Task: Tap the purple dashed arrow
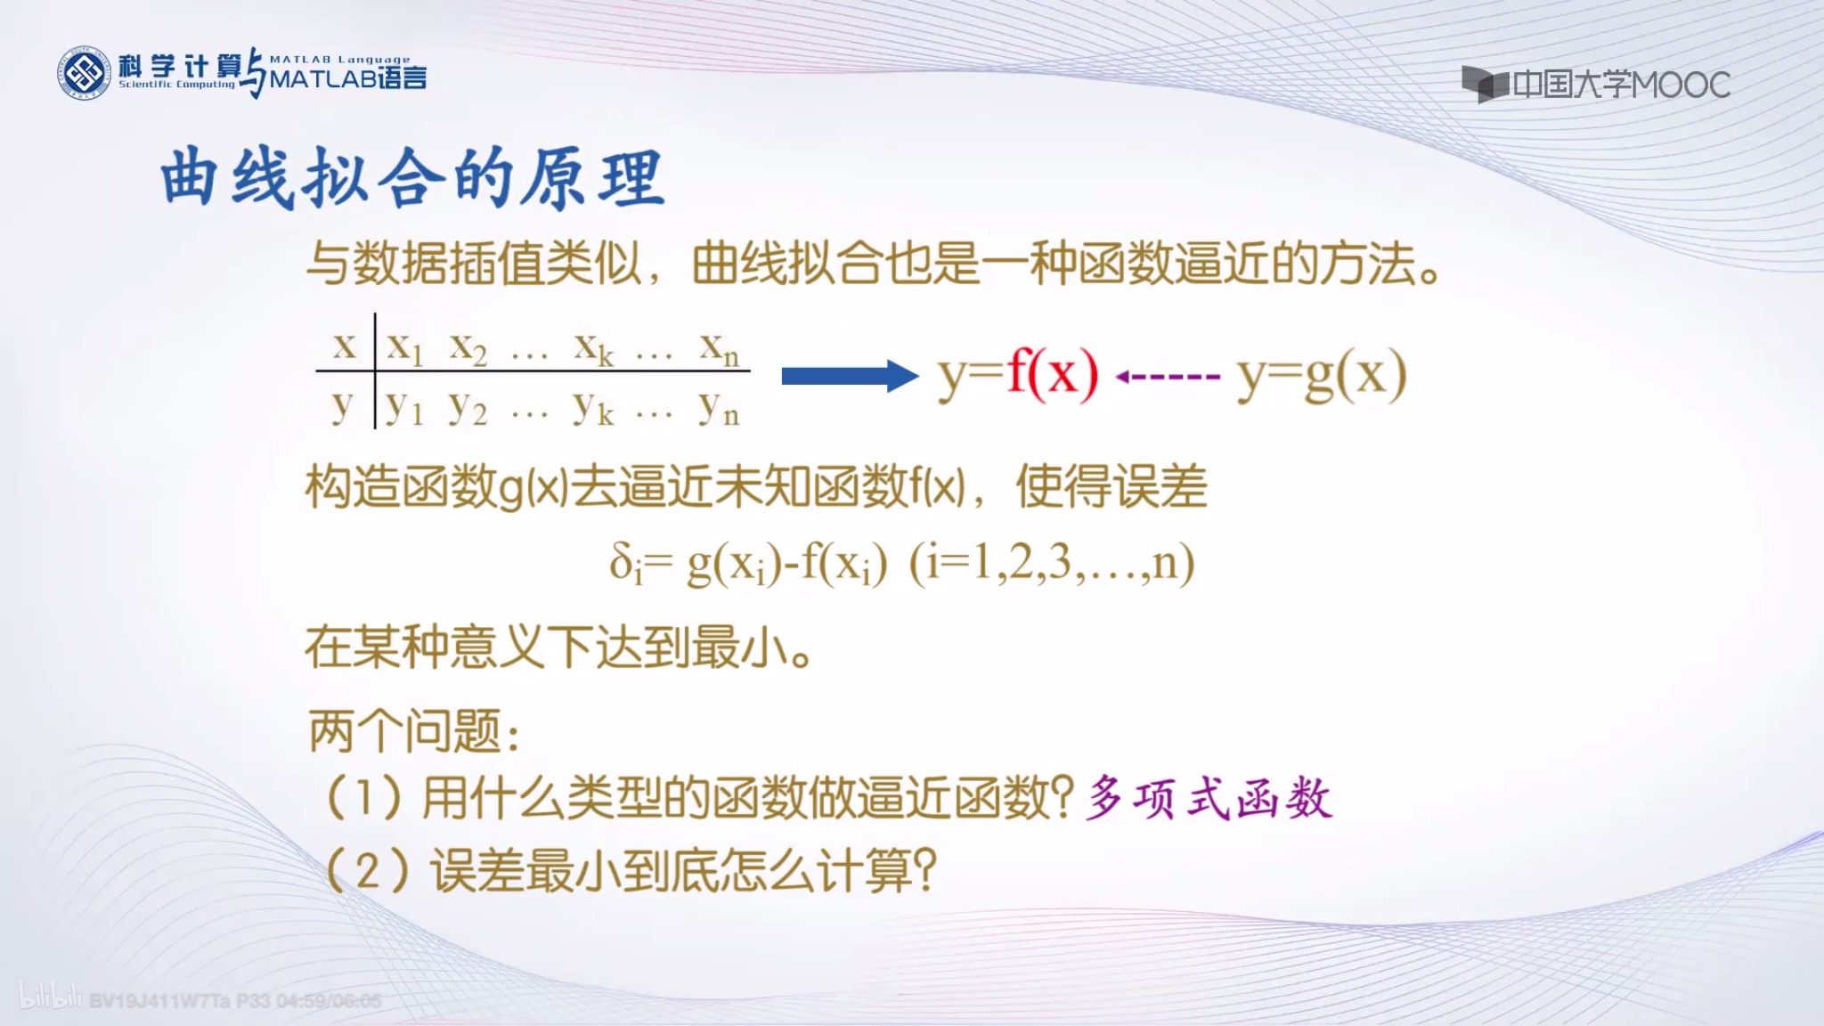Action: point(1168,377)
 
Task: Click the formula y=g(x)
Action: point(1322,376)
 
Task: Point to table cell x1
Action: point(405,347)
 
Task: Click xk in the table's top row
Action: point(594,347)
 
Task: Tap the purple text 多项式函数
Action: point(1209,798)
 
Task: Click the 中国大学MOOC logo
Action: point(1595,85)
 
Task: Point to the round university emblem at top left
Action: point(84,73)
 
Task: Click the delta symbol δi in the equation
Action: point(625,563)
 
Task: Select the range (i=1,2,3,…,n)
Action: point(1051,563)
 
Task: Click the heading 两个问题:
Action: point(414,732)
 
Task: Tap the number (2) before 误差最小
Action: point(367,870)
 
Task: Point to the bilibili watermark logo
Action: point(50,997)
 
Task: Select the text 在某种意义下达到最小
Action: point(558,647)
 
